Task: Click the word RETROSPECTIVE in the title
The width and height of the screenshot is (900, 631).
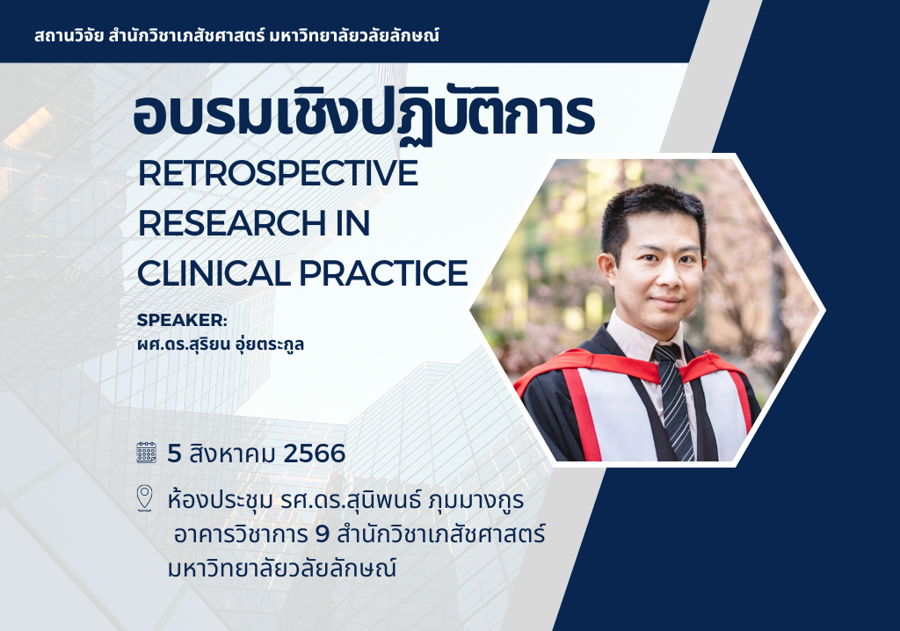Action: coord(278,174)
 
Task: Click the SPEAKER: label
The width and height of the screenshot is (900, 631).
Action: coord(182,320)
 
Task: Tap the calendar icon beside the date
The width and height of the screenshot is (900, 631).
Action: coord(147,453)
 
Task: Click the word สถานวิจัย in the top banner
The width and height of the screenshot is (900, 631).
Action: coord(66,37)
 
